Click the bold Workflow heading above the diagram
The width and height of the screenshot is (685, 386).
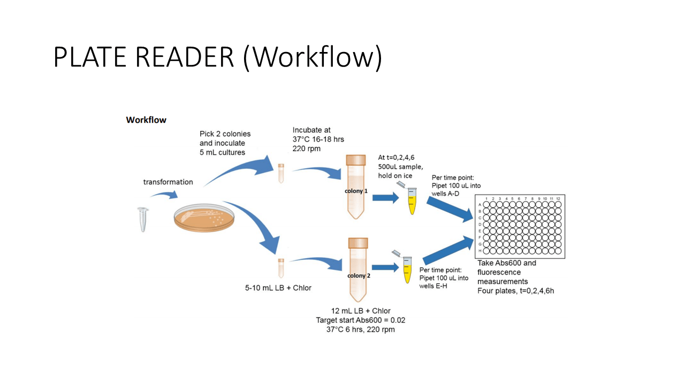(146, 120)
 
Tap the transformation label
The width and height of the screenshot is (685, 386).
(168, 182)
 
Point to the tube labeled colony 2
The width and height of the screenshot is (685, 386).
(358, 271)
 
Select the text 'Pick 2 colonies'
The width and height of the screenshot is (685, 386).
(225, 133)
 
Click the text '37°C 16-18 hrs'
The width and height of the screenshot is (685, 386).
(318, 139)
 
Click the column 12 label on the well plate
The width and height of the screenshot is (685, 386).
(558, 199)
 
